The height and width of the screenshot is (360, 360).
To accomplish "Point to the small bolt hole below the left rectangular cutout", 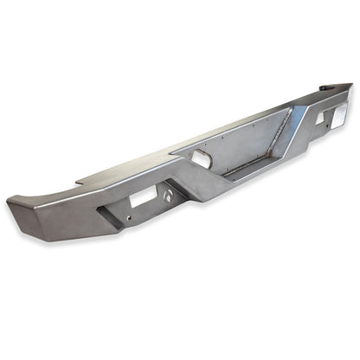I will point(129,218).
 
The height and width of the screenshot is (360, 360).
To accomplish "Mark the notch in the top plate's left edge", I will point(79,182).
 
